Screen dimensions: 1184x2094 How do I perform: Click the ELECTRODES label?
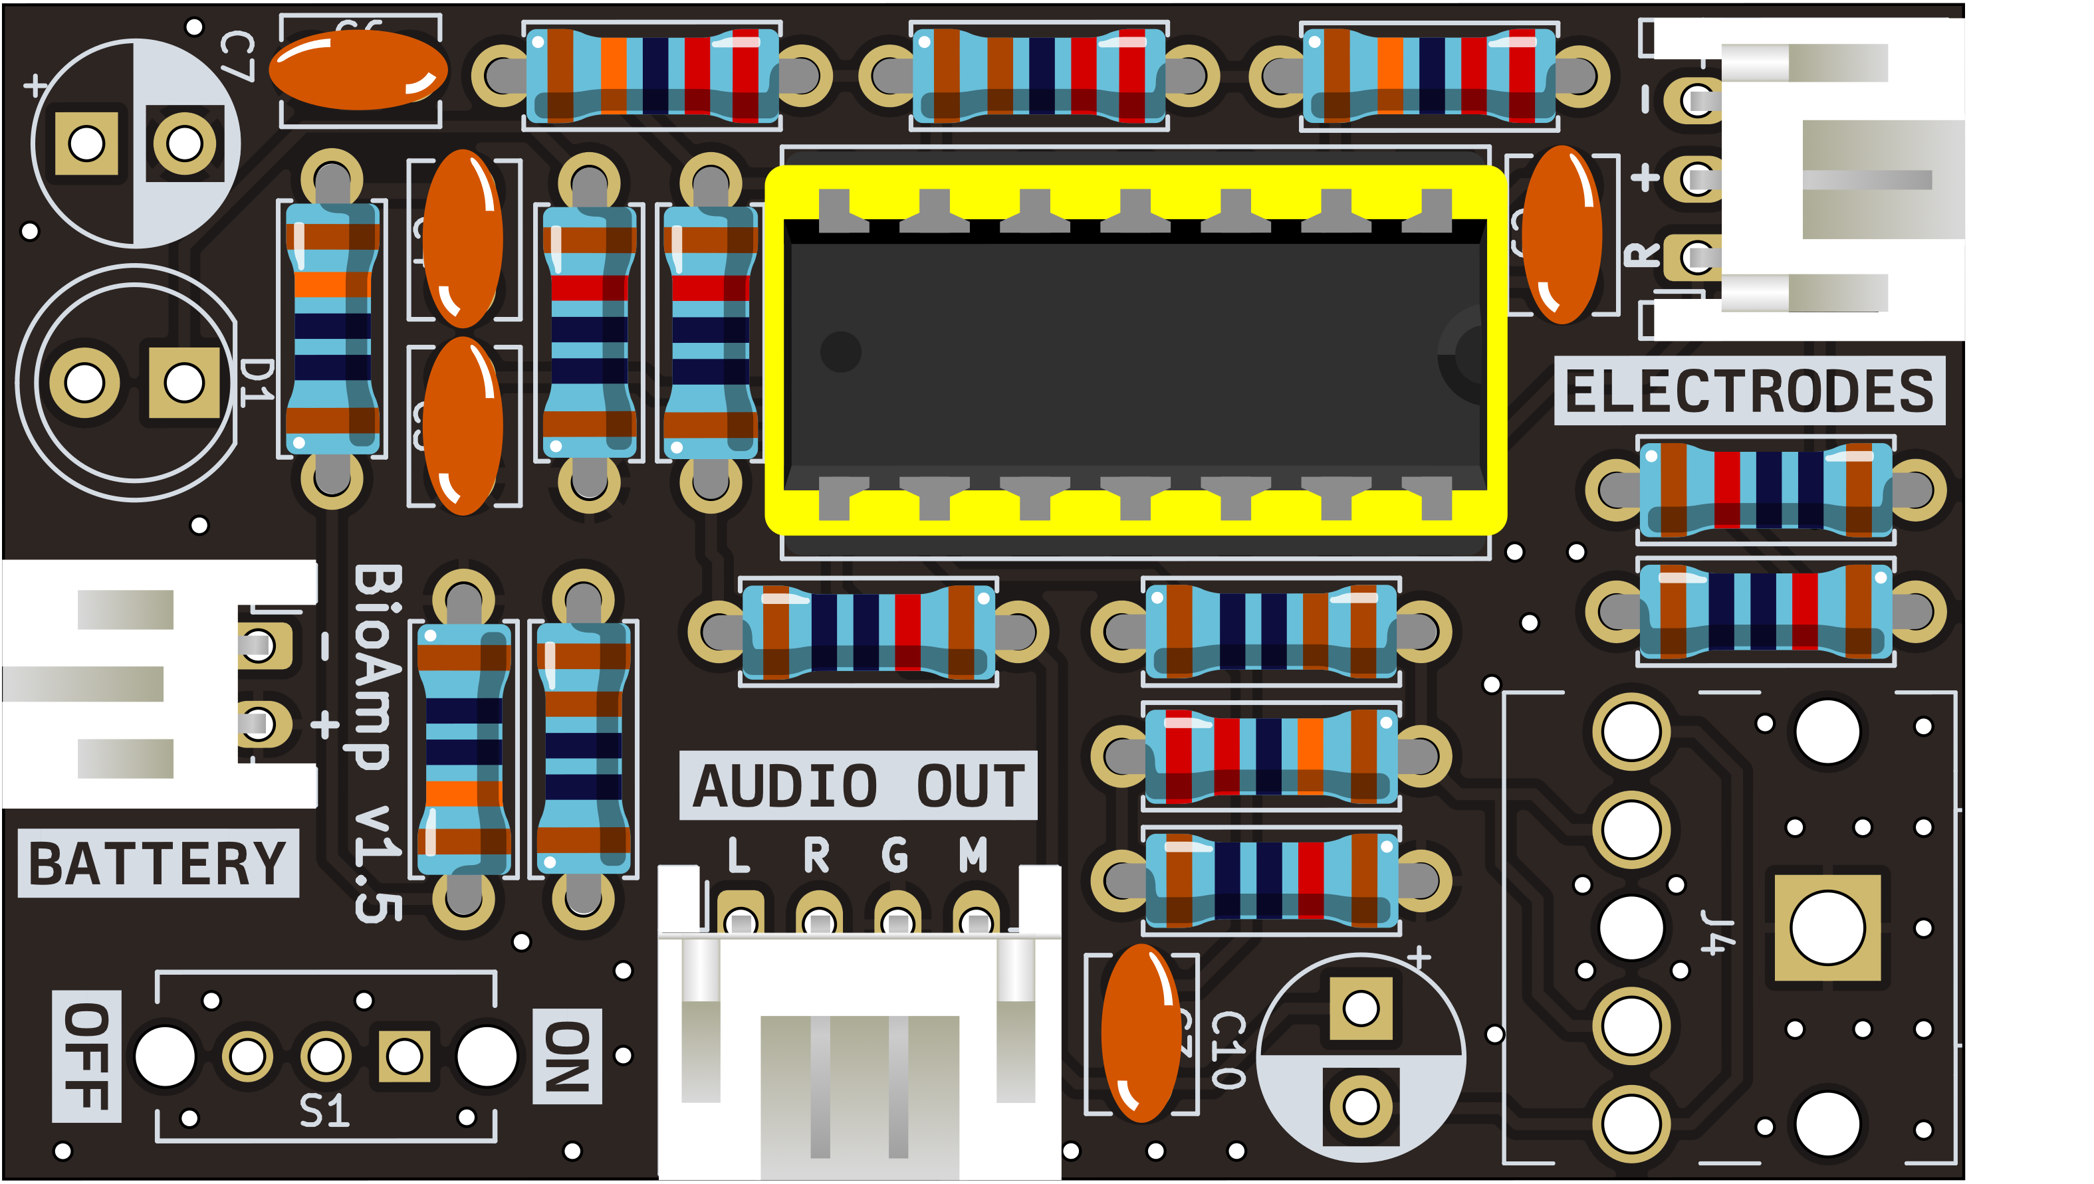tap(1748, 391)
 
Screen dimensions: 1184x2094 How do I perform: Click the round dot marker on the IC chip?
tap(840, 352)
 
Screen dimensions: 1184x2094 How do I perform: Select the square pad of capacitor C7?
tap(86, 144)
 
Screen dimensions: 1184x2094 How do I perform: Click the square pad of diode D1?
tap(184, 383)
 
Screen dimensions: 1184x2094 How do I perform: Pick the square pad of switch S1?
tap(404, 1056)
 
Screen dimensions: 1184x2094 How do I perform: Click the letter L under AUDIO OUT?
tap(739, 856)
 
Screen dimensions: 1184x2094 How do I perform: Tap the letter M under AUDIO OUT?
tap(973, 856)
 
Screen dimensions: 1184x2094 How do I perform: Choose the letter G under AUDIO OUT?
tap(895, 856)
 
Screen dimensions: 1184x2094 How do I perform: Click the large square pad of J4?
tap(1827, 928)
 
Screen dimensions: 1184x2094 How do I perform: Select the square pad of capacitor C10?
tap(1361, 1009)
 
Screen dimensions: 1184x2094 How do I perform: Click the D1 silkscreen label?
tap(257, 381)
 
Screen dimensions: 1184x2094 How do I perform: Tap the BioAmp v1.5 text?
tap(378, 744)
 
